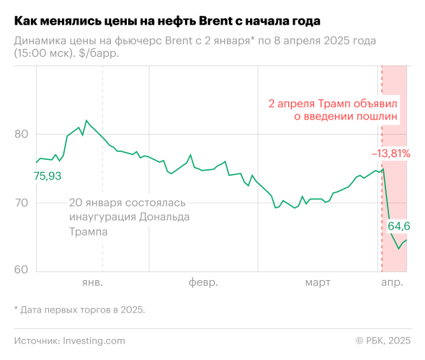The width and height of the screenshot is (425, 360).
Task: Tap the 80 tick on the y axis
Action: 21,134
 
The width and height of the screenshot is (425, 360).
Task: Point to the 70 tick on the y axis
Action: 21,203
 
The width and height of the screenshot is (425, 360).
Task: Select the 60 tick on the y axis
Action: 21,271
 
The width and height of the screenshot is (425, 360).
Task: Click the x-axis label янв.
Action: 92,282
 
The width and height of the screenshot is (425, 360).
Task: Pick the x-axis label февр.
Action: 203,282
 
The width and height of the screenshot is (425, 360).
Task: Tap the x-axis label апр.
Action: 393,282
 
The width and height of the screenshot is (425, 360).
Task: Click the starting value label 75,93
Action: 48,176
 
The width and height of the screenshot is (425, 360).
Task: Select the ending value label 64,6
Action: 404,226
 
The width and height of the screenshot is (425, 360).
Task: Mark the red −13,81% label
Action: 391,153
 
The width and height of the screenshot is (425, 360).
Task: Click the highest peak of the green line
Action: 86,120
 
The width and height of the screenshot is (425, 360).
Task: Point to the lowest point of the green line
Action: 398,249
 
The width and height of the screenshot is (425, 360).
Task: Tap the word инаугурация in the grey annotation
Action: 106,217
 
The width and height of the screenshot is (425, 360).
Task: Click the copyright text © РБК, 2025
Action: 383,340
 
